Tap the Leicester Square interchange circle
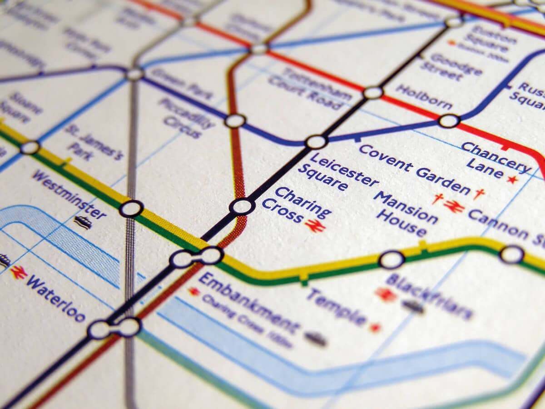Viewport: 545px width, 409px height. [316, 142]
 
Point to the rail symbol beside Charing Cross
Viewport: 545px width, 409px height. [315, 225]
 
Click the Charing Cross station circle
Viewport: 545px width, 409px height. [242, 206]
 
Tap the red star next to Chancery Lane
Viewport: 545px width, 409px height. [512, 180]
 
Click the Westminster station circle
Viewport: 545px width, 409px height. [131, 209]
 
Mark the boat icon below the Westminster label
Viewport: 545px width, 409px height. [83, 222]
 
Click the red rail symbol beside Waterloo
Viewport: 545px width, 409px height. [19, 272]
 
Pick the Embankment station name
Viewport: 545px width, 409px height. [249, 302]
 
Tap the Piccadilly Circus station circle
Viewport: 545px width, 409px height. [235, 121]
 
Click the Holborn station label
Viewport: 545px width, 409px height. [423, 97]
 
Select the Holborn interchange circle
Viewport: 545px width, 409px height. [449, 121]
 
